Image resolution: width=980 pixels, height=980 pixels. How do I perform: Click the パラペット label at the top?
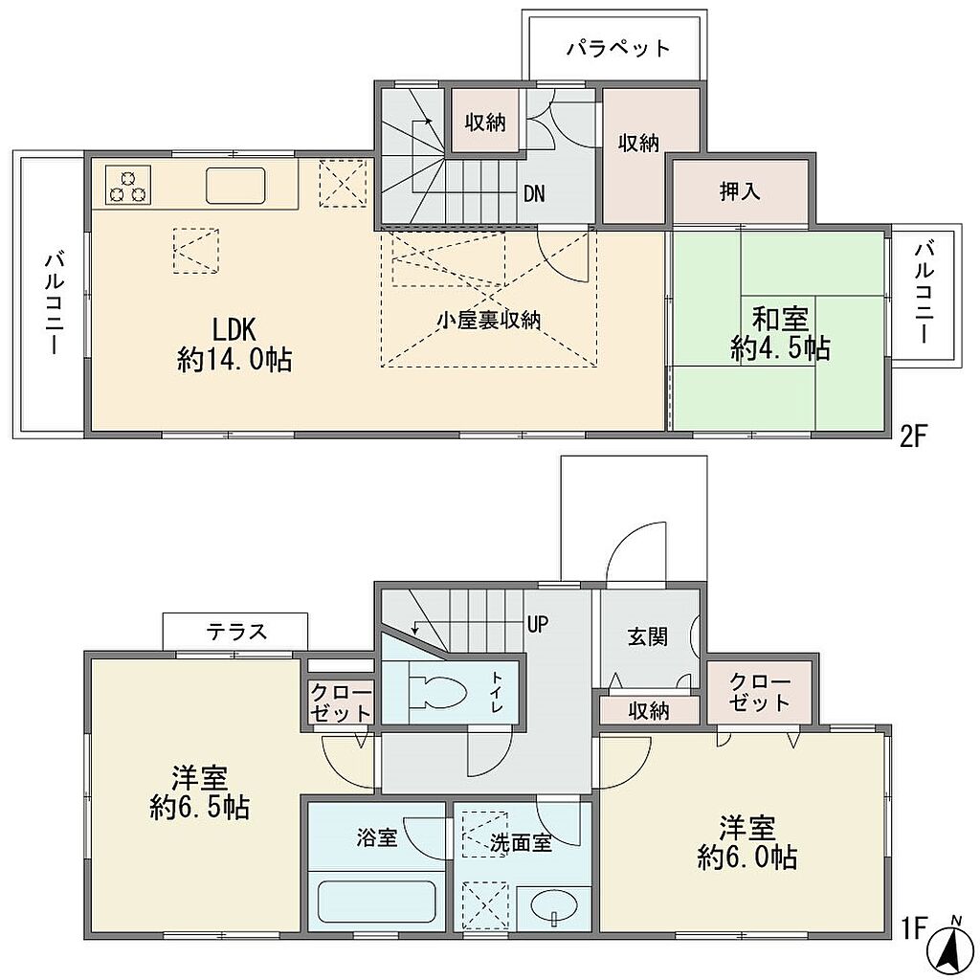tap(618, 49)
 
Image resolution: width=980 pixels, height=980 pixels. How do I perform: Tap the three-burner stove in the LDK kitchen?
tap(128, 185)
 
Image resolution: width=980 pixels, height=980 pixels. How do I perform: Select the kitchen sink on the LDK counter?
tap(236, 186)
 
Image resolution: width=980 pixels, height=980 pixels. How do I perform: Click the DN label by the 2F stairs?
tap(534, 194)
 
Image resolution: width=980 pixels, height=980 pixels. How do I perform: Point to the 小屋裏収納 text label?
tap(488, 320)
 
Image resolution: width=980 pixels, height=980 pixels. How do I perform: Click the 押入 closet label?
tap(740, 191)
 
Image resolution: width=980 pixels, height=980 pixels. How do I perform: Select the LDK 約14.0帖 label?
tap(234, 345)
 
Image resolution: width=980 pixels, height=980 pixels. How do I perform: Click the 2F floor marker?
tap(912, 435)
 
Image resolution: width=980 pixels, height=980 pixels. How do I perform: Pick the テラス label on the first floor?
tap(237, 632)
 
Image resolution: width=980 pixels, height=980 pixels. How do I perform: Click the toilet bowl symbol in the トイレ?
tap(436, 693)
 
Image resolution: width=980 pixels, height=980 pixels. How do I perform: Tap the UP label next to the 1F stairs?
tap(538, 624)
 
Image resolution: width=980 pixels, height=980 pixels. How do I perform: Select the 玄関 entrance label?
tap(648, 636)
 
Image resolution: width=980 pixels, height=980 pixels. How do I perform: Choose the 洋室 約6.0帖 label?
tap(746, 843)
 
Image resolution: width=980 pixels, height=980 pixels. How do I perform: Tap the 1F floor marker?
tap(912, 927)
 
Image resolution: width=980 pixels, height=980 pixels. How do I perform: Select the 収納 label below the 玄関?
tap(649, 711)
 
